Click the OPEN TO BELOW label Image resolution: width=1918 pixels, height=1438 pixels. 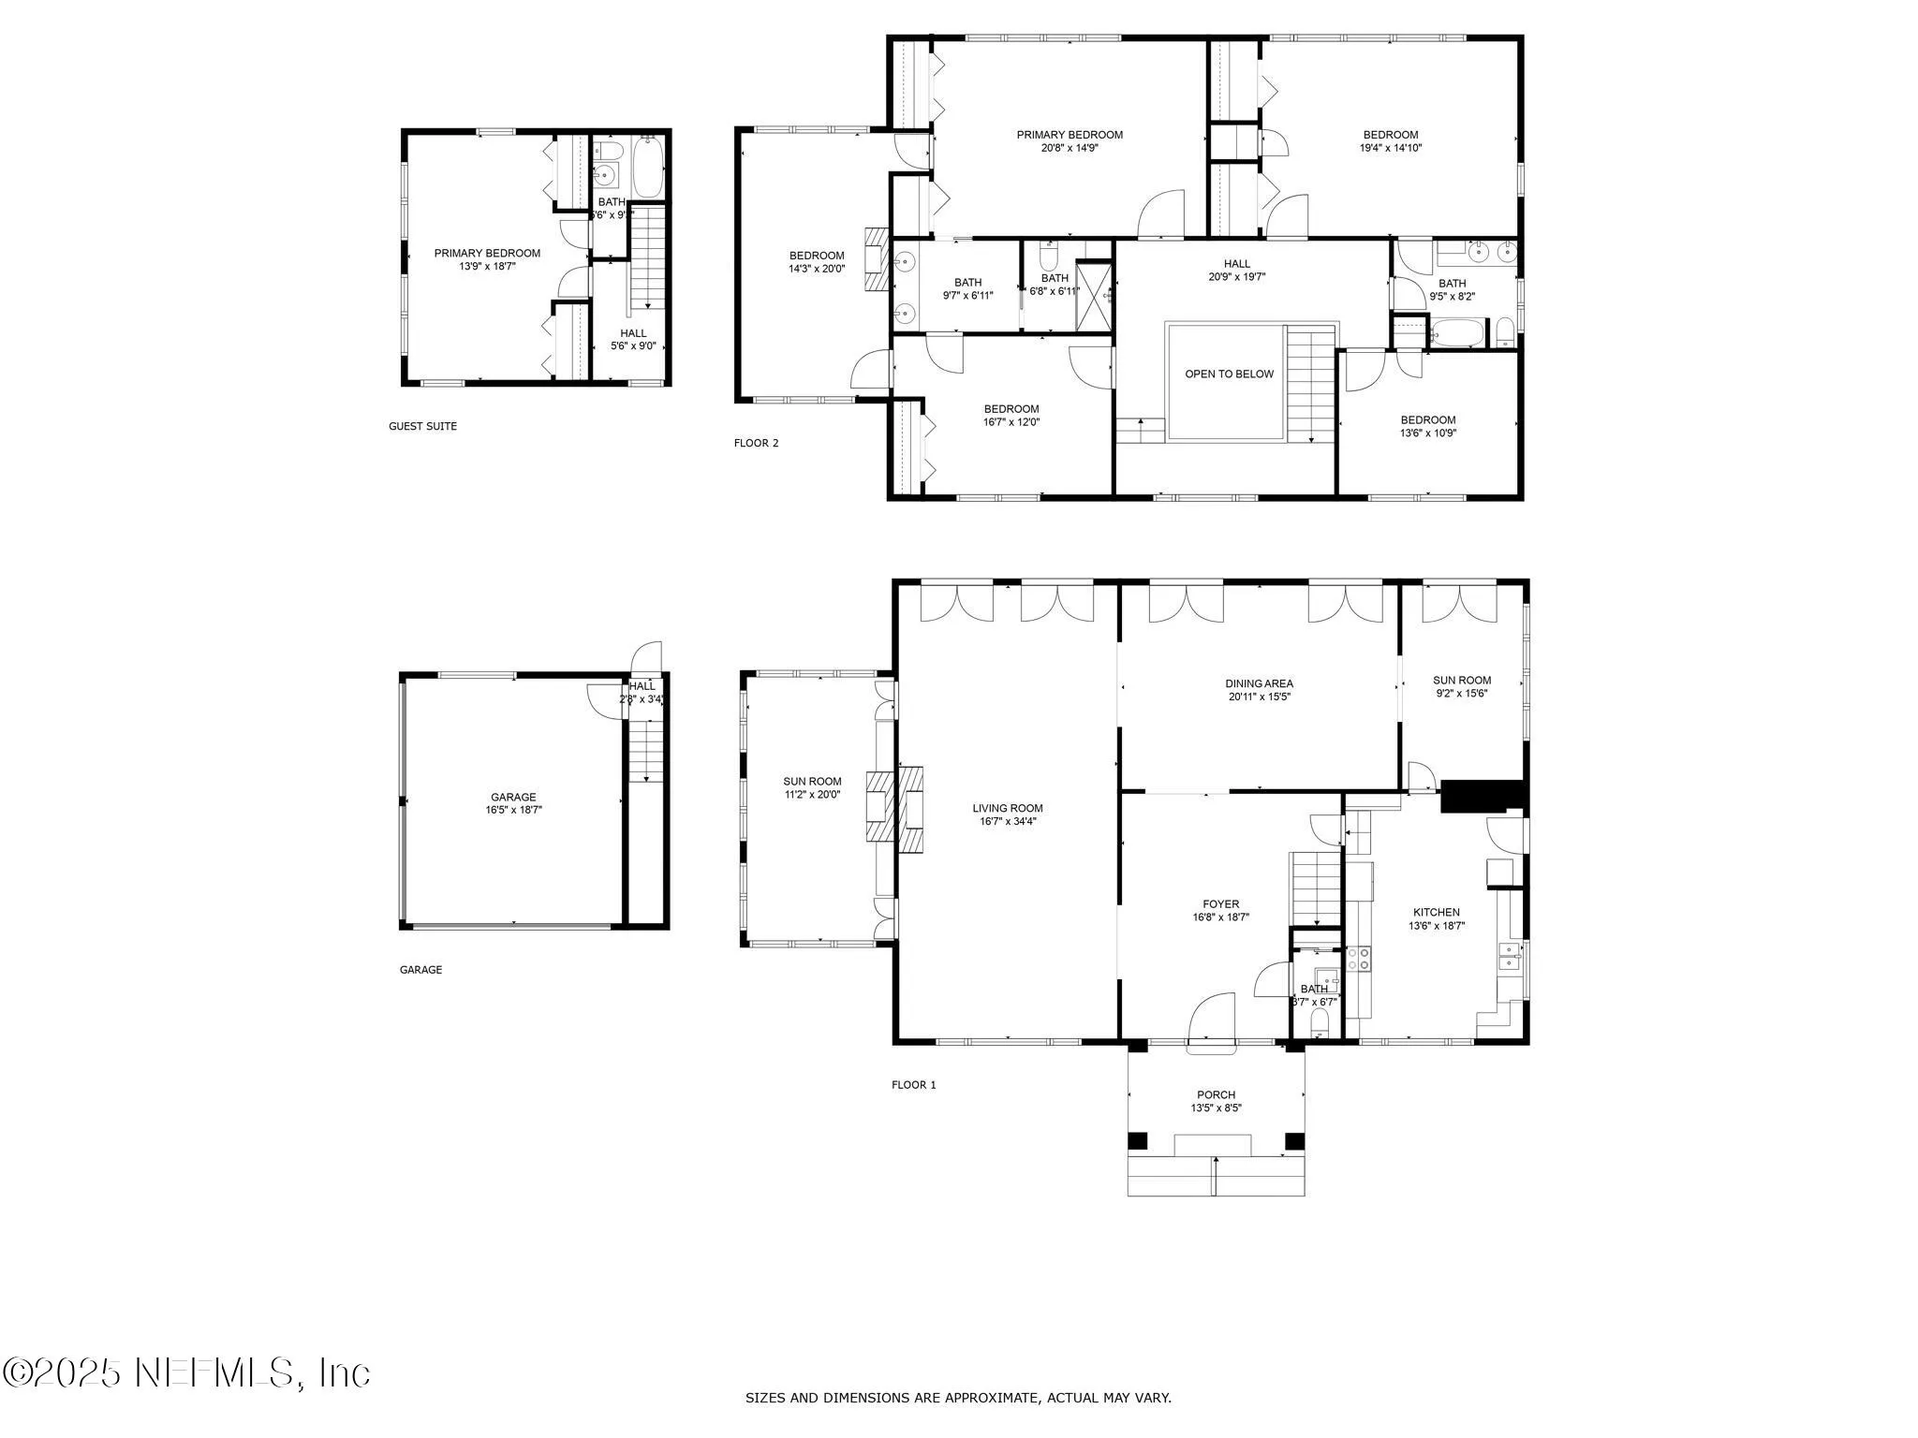click(1229, 374)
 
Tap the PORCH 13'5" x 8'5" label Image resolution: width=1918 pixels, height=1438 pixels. click(1216, 1101)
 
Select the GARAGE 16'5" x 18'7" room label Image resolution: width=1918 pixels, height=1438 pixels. click(513, 803)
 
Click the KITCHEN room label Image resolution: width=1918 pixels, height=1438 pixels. click(1436, 918)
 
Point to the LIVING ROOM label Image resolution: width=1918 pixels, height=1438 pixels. click(1007, 814)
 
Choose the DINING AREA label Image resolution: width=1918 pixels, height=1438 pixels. click(1259, 689)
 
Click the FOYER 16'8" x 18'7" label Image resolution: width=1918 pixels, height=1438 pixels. click(1220, 910)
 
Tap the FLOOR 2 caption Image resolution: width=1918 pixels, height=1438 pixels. click(756, 443)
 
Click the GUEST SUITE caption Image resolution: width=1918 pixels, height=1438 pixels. click(422, 426)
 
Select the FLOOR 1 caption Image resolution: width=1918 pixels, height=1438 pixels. click(913, 1085)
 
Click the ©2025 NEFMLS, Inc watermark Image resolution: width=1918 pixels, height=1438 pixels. click(187, 1372)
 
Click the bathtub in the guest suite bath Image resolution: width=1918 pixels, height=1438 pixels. click(648, 167)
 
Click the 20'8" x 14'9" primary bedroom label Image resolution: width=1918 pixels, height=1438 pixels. click(1070, 140)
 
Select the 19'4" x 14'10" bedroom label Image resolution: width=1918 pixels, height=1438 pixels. click(1391, 140)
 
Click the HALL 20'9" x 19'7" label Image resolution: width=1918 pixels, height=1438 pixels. click(1236, 270)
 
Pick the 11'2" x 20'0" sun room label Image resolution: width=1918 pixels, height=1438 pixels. click(812, 787)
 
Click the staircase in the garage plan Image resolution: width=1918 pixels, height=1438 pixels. click(645, 752)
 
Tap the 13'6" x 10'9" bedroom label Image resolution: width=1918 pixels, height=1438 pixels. click(1427, 426)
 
